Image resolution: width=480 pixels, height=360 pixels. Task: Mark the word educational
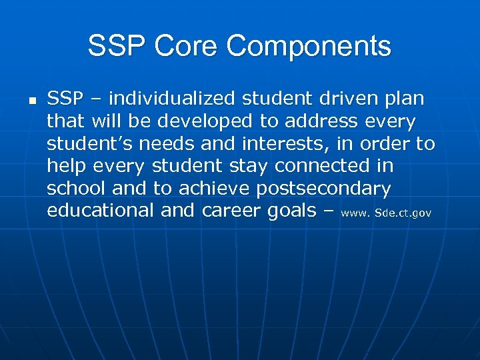(x=101, y=211)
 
